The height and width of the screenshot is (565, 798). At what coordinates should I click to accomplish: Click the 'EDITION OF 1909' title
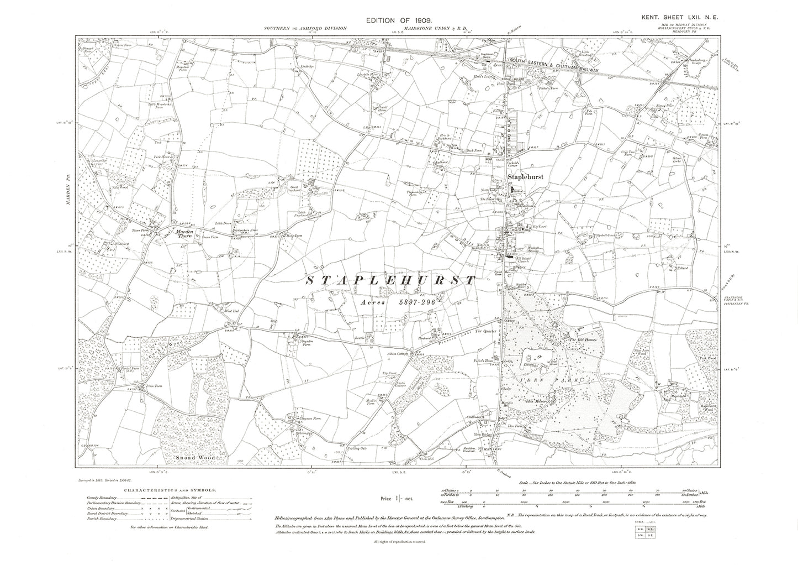[x=401, y=20]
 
